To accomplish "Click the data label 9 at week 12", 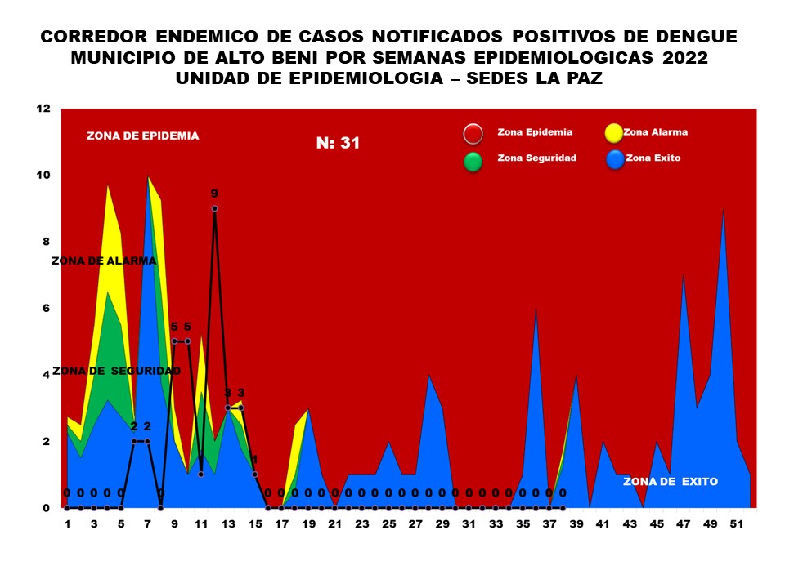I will point(214,194).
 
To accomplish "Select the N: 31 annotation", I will point(339,143).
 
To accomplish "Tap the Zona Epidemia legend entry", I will point(535,131).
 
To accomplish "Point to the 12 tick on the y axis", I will point(43,109).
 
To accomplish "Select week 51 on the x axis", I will point(737,524).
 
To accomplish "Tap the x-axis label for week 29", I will point(442,524).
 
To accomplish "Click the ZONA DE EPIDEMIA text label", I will point(142,136).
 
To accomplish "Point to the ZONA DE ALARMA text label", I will point(104,261).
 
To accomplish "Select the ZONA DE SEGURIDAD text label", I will point(116,371).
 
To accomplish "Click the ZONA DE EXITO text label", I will point(671,482).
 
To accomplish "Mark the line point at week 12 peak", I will point(214,208).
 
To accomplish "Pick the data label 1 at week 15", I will point(254,459).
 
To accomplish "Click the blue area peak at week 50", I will point(723,210).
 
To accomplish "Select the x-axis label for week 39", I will point(576,524).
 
